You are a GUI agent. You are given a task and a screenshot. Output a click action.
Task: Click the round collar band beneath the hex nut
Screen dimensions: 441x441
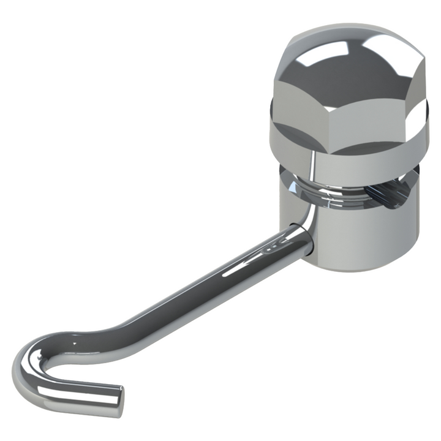tap(367, 156)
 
